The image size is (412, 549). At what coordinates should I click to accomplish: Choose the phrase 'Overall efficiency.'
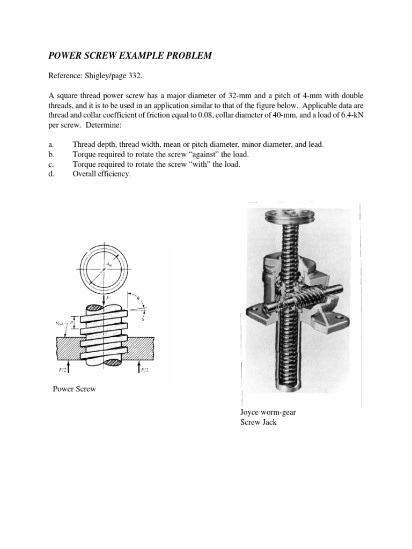tap(101, 174)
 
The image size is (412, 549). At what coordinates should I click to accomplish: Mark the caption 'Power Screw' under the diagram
tap(74, 389)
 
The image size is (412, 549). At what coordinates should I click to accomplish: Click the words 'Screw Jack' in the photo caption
tap(259, 422)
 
